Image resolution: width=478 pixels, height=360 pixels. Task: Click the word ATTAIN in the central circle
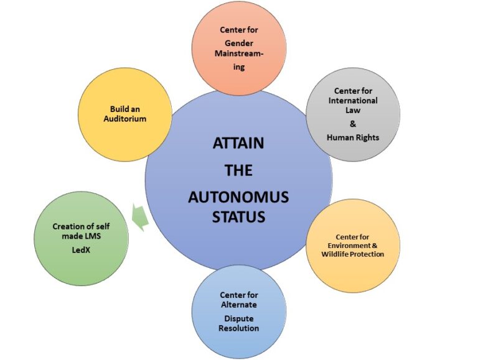(x=238, y=143)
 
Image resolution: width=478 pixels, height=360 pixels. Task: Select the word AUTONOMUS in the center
(x=238, y=198)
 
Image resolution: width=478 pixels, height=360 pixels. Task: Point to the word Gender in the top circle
(x=238, y=42)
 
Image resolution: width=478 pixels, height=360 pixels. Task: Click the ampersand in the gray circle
(x=353, y=124)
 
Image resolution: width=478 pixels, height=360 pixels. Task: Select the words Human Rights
(x=353, y=137)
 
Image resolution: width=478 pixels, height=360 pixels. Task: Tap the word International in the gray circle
(x=353, y=99)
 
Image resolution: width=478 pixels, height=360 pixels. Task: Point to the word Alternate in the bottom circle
(x=238, y=305)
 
